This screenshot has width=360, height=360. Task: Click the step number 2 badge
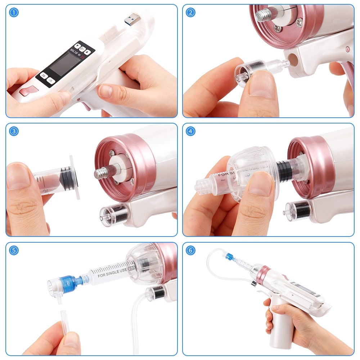[190, 13]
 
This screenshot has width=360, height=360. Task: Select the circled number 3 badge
[14, 131]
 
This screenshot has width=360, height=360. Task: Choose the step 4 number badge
[190, 131]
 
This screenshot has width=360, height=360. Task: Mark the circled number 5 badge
[14, 250]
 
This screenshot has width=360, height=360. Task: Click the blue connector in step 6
[229, 257]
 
